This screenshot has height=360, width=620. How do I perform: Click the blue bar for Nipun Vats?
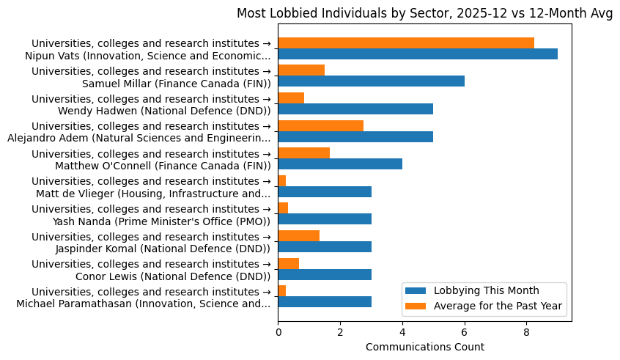pos(418,54)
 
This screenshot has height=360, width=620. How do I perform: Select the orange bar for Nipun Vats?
pos(406,43)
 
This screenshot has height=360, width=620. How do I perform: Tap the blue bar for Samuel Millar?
pos(371,81)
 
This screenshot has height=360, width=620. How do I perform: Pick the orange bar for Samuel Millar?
pos(301,70)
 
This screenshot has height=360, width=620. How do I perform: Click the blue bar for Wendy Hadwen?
pos(355,109)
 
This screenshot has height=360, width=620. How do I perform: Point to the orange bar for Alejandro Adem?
pos(320,125)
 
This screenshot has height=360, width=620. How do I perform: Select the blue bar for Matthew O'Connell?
pos(340,164)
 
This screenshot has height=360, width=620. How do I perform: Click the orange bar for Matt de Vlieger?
pos(282,180)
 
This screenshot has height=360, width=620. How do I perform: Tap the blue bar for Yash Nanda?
pos(325,218)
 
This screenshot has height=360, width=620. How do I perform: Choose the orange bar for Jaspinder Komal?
pos(298,235)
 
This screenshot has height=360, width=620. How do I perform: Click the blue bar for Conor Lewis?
pos(325,274)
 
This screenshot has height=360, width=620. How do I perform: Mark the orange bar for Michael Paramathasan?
pos(282,290)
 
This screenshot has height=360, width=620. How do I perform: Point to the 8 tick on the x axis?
pos(527,332)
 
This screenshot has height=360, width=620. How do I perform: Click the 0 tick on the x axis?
pos(278,332)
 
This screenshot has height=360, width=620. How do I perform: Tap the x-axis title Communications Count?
pos(424,347)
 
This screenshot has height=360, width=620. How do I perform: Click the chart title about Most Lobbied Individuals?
pos(424,13)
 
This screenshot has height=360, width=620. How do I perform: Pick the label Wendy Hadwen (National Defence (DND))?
pos(164,110)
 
